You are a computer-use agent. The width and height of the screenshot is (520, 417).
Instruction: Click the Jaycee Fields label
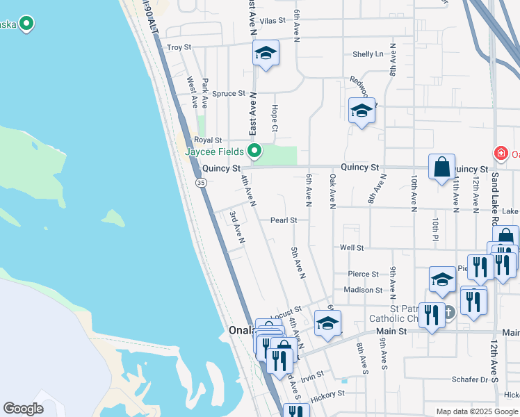214,152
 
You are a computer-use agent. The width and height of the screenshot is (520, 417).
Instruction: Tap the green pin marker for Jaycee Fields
255,150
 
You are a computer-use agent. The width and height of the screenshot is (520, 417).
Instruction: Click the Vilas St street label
273,21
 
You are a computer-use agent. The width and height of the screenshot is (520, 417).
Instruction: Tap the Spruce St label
229,93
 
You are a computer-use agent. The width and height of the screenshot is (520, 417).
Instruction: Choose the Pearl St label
284,220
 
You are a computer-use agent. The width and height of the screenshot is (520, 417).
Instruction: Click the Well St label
352,247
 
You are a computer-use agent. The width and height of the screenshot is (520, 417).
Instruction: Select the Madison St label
363,290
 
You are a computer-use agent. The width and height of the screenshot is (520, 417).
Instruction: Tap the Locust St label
286,313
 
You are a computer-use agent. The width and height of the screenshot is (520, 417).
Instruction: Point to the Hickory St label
327,395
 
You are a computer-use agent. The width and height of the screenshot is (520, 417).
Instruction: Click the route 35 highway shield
200,182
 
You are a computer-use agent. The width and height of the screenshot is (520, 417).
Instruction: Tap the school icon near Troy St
266,54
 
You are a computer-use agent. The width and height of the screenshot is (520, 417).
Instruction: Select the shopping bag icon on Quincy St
441,167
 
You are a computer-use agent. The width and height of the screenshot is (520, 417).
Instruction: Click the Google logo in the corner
23,409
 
